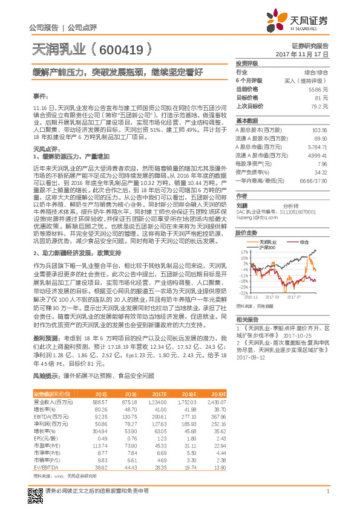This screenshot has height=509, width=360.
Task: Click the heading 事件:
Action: (x=39, y=96)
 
